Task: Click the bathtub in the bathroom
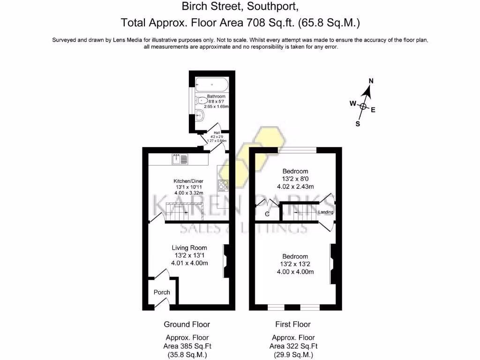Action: point(212,85)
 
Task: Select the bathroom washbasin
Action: point(200,114)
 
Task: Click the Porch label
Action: point(162,292)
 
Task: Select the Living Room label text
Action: point(189,247)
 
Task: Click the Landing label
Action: point(326,212)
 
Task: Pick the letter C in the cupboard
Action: point(267,214)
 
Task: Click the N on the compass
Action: point(371,81)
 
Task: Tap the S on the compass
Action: point(358,124)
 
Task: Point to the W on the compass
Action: point(352,104)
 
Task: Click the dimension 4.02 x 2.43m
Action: point(295,186)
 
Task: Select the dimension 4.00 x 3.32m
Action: point(187,193)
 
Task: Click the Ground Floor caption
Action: point(187,324)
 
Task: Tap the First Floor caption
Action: point(292,324)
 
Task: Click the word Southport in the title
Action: point(275,7)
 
